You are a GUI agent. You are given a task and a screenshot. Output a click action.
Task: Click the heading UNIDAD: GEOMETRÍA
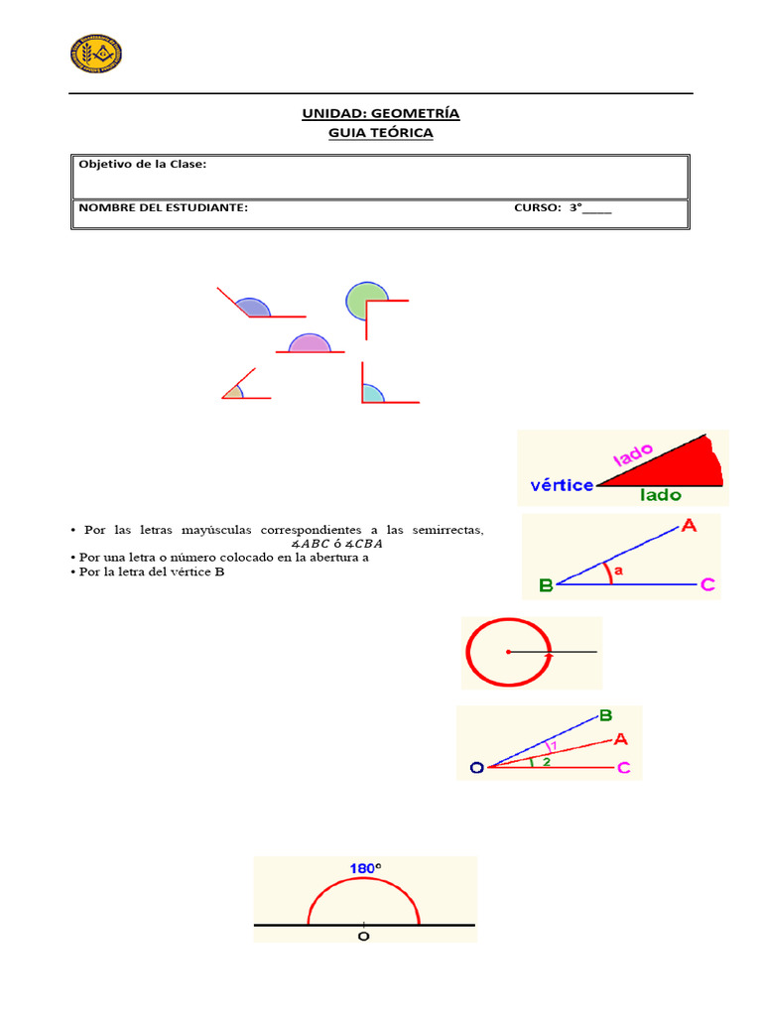coord(381,113)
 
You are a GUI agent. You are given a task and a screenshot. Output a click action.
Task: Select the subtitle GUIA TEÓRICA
coord(381,132)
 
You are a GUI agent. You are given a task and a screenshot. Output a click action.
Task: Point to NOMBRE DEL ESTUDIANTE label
coord(164,207)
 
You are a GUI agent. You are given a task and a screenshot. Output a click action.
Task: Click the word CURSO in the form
coord(537,207)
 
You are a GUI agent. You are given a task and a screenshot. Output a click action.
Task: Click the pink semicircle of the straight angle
coord(309,343)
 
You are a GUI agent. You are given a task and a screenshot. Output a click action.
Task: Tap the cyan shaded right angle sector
coord(372,394)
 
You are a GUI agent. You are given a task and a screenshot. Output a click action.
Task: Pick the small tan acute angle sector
coord(234,392)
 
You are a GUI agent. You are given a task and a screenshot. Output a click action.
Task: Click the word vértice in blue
coord(562,485)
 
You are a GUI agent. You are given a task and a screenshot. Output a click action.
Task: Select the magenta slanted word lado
coord(635,455)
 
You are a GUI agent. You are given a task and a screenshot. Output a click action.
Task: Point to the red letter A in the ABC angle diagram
coord(689,527)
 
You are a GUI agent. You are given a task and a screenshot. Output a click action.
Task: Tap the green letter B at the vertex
coord(545,585)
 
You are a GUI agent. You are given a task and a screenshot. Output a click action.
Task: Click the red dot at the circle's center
coord(507,652)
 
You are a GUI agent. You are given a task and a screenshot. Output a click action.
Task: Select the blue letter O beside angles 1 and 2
coord(477,768)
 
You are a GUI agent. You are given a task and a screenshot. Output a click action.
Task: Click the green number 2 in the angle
coord(546,761)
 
